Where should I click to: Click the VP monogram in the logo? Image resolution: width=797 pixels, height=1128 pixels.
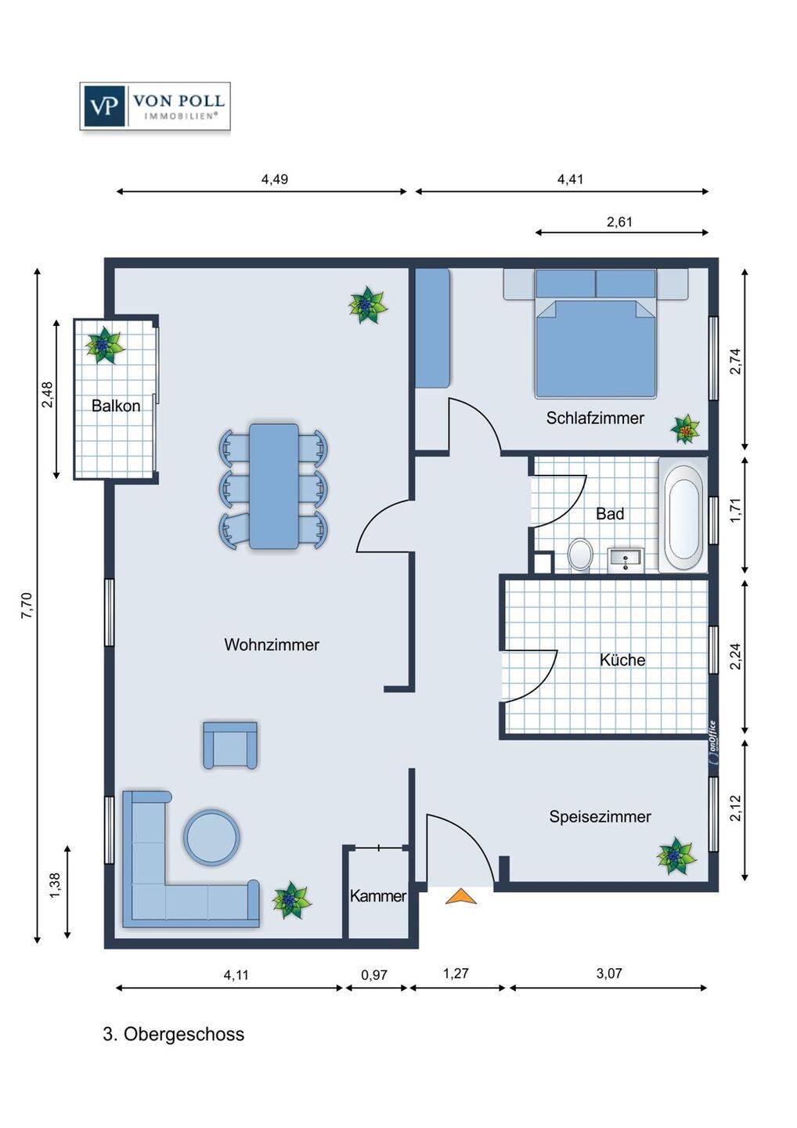[x=103, y=106]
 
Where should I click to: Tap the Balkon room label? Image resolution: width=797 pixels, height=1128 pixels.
[x=116, y=406]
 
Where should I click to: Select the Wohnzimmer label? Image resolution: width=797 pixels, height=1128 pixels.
[x=272, y=645]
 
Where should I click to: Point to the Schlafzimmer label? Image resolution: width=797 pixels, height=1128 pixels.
[x=595, y=418]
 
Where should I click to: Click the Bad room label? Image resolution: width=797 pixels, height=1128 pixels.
[x=610, y=514]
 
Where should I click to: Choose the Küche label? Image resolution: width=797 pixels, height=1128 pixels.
[x=622, y=660]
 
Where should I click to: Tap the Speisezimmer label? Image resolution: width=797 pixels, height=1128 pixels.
[x=600, y=816]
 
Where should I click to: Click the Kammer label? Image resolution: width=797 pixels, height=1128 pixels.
[x=378, y=896]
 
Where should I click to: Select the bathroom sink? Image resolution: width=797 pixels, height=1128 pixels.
[x=626, y=559]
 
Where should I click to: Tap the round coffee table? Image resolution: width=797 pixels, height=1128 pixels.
[x=211, y=837]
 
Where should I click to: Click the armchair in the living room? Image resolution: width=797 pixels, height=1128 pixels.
[x=230, y=745]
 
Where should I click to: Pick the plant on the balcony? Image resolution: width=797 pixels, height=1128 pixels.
[x=104, y=345]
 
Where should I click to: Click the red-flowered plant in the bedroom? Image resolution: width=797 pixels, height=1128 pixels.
[x=685, y=429]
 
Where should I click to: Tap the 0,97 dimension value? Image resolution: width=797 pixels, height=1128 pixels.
[x=374, y=975]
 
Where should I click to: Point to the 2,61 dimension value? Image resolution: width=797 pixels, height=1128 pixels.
[x=619, y=222]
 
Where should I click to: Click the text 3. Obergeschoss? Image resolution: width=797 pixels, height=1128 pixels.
[x=174, y=1034]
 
